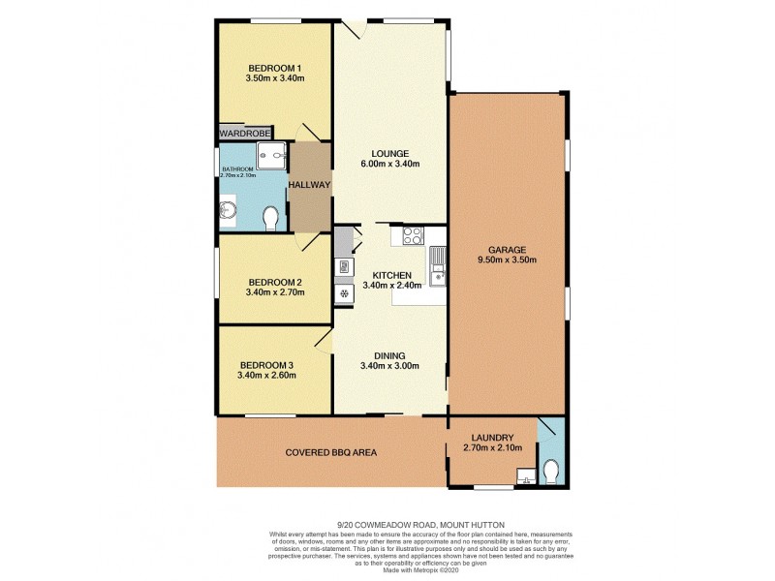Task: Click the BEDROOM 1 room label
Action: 275,67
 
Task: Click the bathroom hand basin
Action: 229,210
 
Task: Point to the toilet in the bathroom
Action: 271,217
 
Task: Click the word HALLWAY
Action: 310,185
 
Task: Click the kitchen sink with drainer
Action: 438,265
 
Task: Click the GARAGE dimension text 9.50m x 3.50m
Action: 507,260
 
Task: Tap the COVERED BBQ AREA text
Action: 330,452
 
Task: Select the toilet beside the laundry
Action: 551,470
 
